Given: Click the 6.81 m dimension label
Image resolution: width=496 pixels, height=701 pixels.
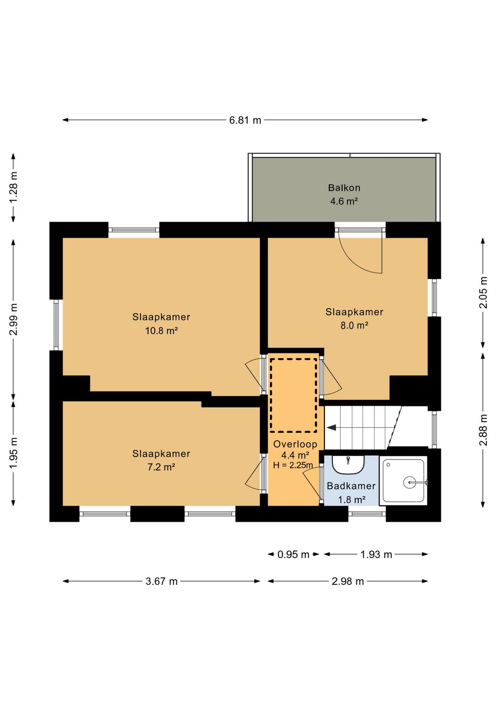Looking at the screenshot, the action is click(245, 120).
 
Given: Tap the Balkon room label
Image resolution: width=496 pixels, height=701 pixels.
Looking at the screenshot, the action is click(344, 188).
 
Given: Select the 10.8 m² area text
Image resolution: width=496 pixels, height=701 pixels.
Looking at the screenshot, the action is click(161, 331).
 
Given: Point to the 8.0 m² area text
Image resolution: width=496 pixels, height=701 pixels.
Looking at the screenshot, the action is click(354, 326).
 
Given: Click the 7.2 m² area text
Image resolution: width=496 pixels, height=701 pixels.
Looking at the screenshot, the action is click(161, 467).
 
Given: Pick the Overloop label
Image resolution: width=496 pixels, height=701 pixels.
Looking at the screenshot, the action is click(295, 444).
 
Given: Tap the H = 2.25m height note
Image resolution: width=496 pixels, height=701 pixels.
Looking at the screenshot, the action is click(293, 465).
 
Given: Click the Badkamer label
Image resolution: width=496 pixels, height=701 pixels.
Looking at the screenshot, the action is click(351, 486).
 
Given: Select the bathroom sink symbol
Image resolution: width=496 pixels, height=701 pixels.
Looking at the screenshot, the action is click(348, 465).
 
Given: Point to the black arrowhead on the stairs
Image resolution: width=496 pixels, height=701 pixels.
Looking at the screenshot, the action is click(332, 428).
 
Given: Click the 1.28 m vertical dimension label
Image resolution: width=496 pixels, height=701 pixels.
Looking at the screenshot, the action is click(13, 187).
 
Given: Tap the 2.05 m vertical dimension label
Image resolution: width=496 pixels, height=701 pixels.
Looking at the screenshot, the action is click(484, 293).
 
